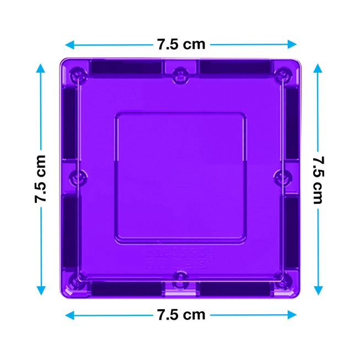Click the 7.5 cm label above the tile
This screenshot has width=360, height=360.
click(x=181, y=44)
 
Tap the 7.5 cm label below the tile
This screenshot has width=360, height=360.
click(x=181, y=315)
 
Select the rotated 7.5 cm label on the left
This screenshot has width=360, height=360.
click(x=41, y=179)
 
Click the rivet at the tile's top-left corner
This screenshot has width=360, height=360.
click(x=79, y=73)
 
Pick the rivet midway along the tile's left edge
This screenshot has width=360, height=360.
click(x=79, y=177)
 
